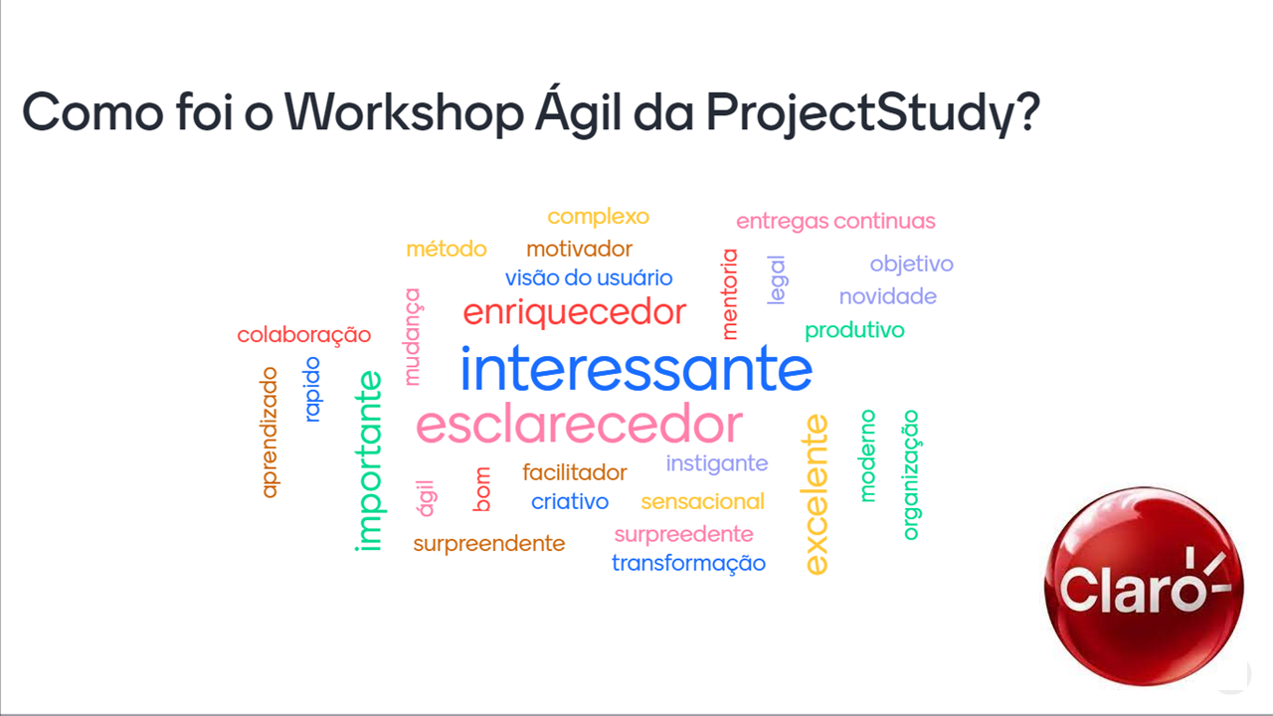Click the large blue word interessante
pyautogui.click(x=636, y=368)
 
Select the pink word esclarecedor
pyautogui.click(x=579, y=424)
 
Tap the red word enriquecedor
pyautogui.click(x=575, y=312)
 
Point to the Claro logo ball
pyautogui.click(x=1144, y=586)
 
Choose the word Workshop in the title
pyautogui.click(x=404, y=111)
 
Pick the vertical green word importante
pyautogui.click(x=368, y=460)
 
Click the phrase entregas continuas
pyautogui.click(x=835, y=221)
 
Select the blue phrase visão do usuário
pyautogui.click(x=589, y=277)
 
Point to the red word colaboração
pyautogui.click(x=304, y=335)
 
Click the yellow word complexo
pyautogui.click(x=598, y=217)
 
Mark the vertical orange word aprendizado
pyautogui.click(x=269, y=433)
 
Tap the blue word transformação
pyautogui.click(x=689, y=564)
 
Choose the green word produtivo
pyautogui.click(x=854, y=330)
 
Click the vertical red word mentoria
pyautogui.click(x=729, y=294)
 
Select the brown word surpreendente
pyautogui.click(x=488, y=544)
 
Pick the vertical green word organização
pyautogui.click(x=911, y=475)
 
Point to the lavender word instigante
pyautogui.click(x=717, y=463)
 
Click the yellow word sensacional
pyautogui.click(x=702, y=502)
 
